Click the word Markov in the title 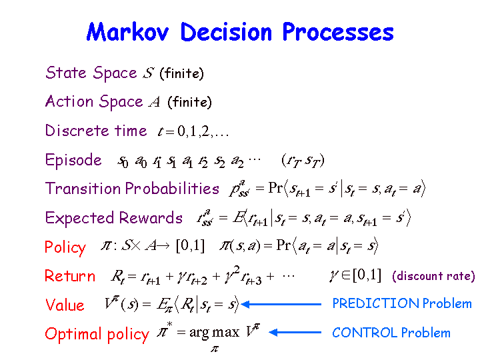(127, 32)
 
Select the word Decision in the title (226, 32)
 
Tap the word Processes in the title (338, 32)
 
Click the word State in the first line (66, 73)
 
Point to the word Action (69, 101)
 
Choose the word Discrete (77, 131)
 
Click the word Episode (73, 161)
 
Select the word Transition (83, 188)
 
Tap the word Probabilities (172, 188)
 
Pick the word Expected (79, 218)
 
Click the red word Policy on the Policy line (65, 247)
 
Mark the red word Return (70, 275)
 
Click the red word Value (65, 305)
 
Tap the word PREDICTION (375, 303)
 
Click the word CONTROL (365, 333)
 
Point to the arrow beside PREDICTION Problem (281, 304)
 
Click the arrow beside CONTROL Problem (295, 332)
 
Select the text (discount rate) (433, 276)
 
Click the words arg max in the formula (214, 332)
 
